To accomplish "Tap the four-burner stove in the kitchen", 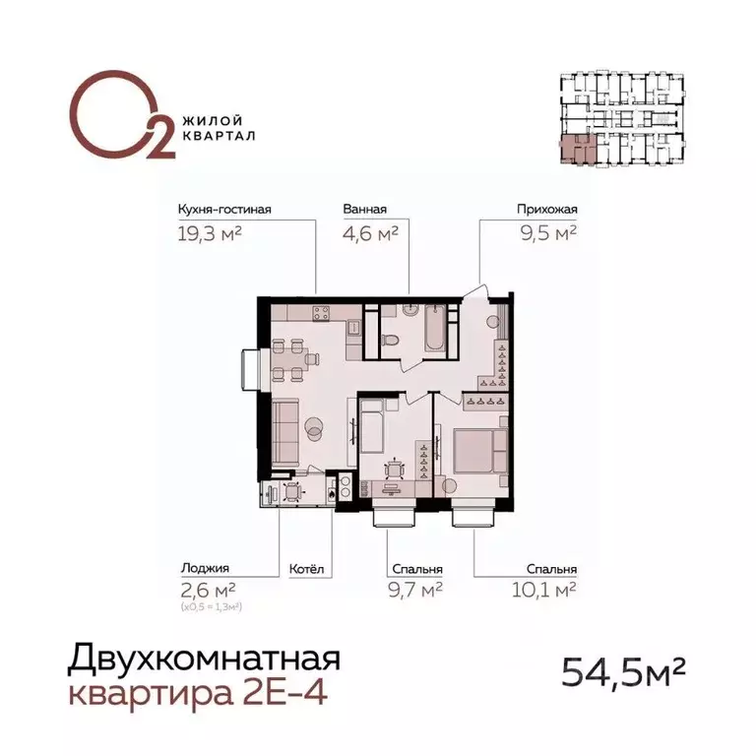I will [x=322, y=314].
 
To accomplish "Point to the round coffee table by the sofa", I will [x=315, y=426].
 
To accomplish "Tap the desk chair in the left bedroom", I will [x=393, y=471].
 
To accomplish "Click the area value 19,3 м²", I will [x=210, y=233].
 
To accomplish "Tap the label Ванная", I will [x=364, y=209].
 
